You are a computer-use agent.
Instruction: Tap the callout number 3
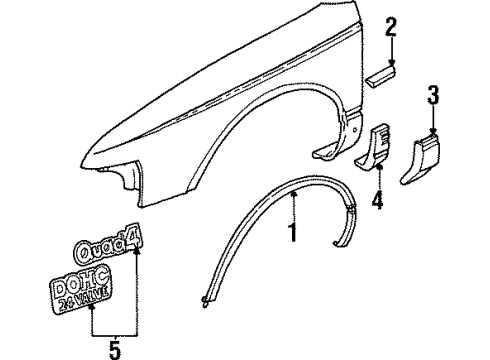[433, 97]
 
